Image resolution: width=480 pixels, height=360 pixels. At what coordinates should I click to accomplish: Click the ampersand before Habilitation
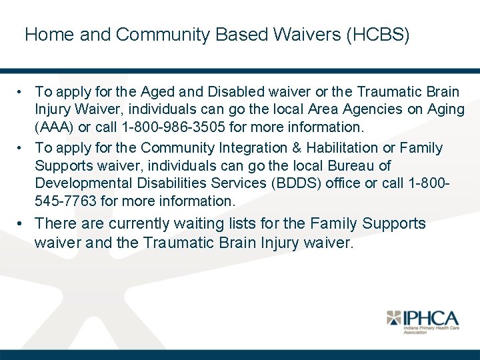click(x=285, y=147)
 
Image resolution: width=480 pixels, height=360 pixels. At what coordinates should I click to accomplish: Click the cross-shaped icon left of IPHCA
click(x=395, y=318)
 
